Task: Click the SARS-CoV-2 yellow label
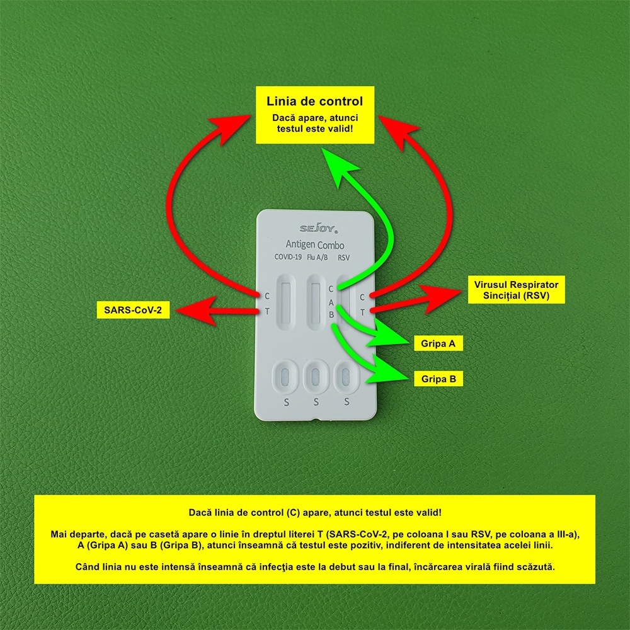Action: pyautogui.click(x=133, y=310)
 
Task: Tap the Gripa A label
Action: pyautogui.click(x=438, y=343)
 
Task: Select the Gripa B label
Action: pyautogui.click(x=438, y=379)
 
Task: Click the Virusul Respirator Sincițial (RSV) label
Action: pyautogui.click(x=517, y=290)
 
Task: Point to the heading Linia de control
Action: pyautogui.click(x=314, y=101)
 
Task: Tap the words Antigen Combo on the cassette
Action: pyautogui.click(x=314, y=244)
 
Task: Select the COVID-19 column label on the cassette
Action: pyautogui.click(x=288, y=257)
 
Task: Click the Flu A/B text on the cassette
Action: pyautogui.click(x=317, y=257)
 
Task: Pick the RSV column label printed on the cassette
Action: pyautogui.click(x=343, y=258)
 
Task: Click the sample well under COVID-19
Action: pyautogui.click(x=285, y=377)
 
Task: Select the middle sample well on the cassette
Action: pyautogui.click(x=316, y=377)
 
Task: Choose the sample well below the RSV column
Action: pyautogui.click(x=345, y=377)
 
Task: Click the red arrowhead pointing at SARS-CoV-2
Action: pyautogui.click(x=195, y=311)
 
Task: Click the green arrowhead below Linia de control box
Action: pyautogui.click(x=338, y=166)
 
